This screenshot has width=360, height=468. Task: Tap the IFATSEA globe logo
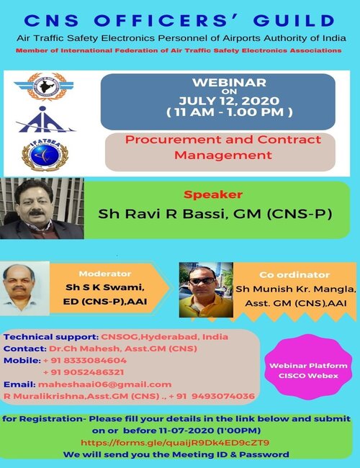click(45, 155)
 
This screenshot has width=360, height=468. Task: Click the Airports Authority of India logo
click(45, 120)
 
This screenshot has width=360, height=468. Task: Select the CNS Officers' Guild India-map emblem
click(45, 86)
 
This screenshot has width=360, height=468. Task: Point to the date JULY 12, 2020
click(229, 101)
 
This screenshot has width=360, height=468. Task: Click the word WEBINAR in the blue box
click(229, 82)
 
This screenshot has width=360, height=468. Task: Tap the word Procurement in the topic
click(173, 140)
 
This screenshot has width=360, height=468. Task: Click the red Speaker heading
click(213, 194)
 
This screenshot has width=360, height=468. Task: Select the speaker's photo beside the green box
click(42, 208)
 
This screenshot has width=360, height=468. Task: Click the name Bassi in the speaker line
click(204, 214)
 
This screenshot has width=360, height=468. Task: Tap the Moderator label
click(105, 274)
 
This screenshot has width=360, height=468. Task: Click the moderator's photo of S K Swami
click(24, 288)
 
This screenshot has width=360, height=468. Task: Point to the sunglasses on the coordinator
click(202, 281)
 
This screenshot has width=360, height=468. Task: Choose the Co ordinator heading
click(294, 274)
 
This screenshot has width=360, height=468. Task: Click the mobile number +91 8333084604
click(85, 361)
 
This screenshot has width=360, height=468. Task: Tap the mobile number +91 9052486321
click(84, 372)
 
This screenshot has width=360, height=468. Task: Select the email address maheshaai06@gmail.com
click(105, 384)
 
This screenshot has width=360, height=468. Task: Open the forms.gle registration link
click(175, 443)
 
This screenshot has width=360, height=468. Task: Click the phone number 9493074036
click(223, 397)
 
